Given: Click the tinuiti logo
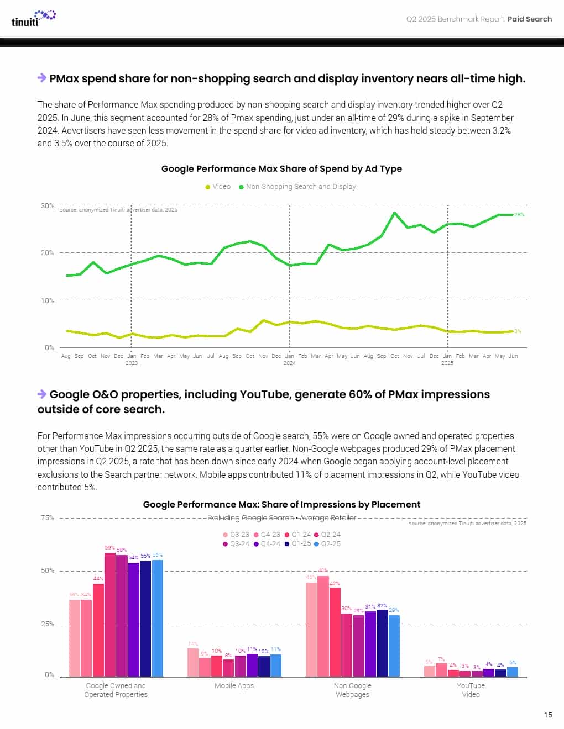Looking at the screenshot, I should [x=33, y=18].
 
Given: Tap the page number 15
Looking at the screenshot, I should [x=547, y=715].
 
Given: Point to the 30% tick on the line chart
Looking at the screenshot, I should [x=48, y=205].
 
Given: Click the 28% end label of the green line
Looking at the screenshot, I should [x=519, y=214].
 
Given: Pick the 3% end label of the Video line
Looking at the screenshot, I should [x=518, y=331].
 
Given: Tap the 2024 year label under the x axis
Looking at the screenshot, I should [x=289, y=363].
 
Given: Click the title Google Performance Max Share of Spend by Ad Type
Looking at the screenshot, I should [x=281, y=168].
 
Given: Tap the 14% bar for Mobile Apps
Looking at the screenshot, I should [x=192, y=662].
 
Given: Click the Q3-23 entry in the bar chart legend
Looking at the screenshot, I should [x=236, y=535].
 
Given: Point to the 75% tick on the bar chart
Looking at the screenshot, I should [x=48, y=517].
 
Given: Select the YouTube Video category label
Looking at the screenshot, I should [x=471, y=690].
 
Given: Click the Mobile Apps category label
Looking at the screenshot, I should [x=234, y=685].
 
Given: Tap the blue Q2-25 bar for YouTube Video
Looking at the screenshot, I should [x=513, y=672].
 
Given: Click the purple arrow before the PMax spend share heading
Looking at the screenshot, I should [x=41, y=78].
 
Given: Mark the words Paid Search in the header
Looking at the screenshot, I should [x=530, y=19].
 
